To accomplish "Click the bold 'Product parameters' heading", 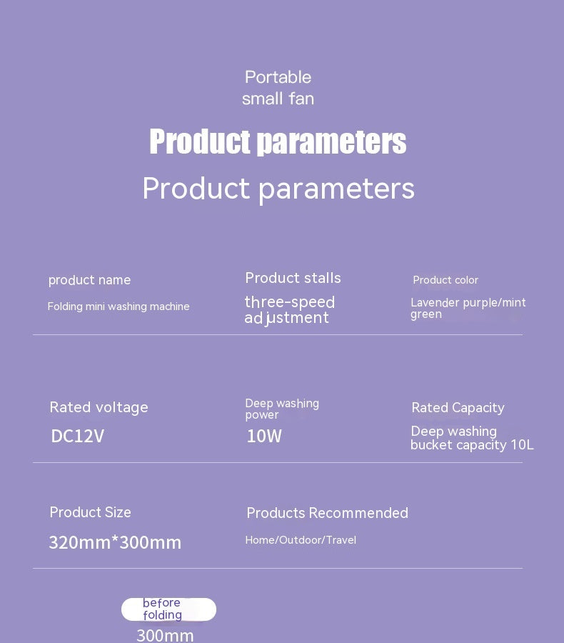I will point(278,141).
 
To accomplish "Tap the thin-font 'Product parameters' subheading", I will point(278,189).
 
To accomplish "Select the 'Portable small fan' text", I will point(278,88).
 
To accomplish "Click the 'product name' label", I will point(89,280).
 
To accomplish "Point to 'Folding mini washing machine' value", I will point(119,306).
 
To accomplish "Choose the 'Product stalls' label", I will point(293,278).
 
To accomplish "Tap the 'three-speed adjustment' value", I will point(289,310).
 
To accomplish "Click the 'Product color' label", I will point(445,280).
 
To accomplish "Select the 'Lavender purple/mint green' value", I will point(468,308).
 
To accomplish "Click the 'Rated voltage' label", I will point(99,407).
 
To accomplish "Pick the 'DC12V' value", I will point(77,436).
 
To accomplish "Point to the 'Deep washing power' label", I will point(281,409).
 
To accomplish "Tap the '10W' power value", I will point(264,436).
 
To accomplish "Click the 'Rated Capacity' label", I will point(458,408).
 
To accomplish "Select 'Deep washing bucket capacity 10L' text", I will point(471,438).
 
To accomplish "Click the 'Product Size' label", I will point(90,512).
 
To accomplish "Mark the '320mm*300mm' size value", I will point(115,542).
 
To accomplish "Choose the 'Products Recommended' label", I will point(327,513).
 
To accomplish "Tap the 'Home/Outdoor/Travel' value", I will point(301,540).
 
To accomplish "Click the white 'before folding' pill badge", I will point(168,609).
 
